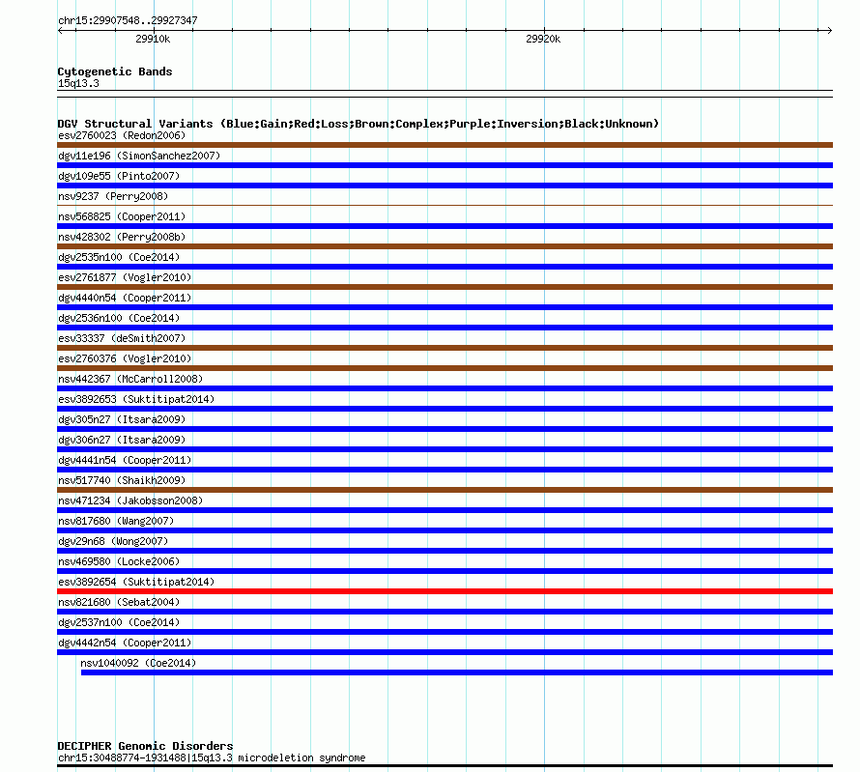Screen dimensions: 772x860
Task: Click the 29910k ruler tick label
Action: [153, 40]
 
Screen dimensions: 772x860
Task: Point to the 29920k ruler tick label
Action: [542, 40]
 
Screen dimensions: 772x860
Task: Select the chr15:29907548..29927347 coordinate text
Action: [129, 20]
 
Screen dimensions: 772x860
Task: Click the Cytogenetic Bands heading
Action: [115, 71]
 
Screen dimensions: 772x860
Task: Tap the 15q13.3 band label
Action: [78, 83]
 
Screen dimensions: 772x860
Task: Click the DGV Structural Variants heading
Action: [358, 124]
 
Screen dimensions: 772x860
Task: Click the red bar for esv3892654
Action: [444, 591]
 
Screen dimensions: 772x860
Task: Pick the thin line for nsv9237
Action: [444, 206]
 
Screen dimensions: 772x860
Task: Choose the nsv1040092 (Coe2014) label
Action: [138, 663]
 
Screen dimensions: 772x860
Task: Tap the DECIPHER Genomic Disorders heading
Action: [145, 746]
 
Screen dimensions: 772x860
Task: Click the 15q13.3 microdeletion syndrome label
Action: [212, 758]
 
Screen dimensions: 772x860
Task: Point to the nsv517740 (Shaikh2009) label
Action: [122, 480]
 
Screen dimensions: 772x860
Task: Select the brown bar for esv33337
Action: [444, 348]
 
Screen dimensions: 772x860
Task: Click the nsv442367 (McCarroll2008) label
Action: [130, 379]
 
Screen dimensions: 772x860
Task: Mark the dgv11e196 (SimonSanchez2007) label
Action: [139, 156]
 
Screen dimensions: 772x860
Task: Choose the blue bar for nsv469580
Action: [444, 571]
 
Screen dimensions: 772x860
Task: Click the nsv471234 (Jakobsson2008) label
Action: [130, 500]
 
